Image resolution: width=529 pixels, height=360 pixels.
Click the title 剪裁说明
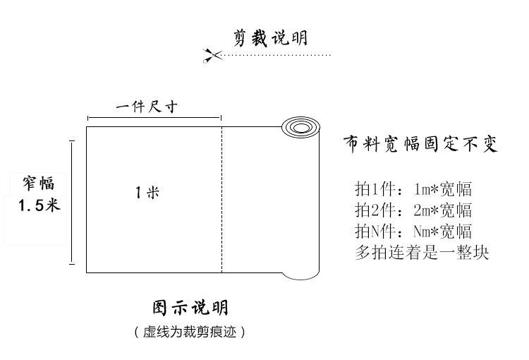coord(270,37)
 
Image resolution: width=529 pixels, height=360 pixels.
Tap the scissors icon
coord(211,55)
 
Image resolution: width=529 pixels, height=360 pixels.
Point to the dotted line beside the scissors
coord(275,55)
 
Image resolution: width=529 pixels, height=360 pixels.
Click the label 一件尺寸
coord(146,107)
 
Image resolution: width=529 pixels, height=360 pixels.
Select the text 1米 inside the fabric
coord(147,192)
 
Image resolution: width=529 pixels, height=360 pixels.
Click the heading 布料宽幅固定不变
coord(420,145)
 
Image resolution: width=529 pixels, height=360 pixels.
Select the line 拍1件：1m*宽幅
coord(413,189)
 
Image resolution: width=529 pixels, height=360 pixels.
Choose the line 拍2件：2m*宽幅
coord(413,210)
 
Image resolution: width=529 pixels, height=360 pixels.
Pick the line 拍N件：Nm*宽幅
coord(413,232)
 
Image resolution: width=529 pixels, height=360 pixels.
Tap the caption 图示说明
coord(190,308)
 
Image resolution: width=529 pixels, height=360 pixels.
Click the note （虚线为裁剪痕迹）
coord(190,332)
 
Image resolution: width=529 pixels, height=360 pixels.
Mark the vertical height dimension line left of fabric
coord(72,202)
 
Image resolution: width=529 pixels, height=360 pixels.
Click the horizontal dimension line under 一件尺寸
coord(154,118)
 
